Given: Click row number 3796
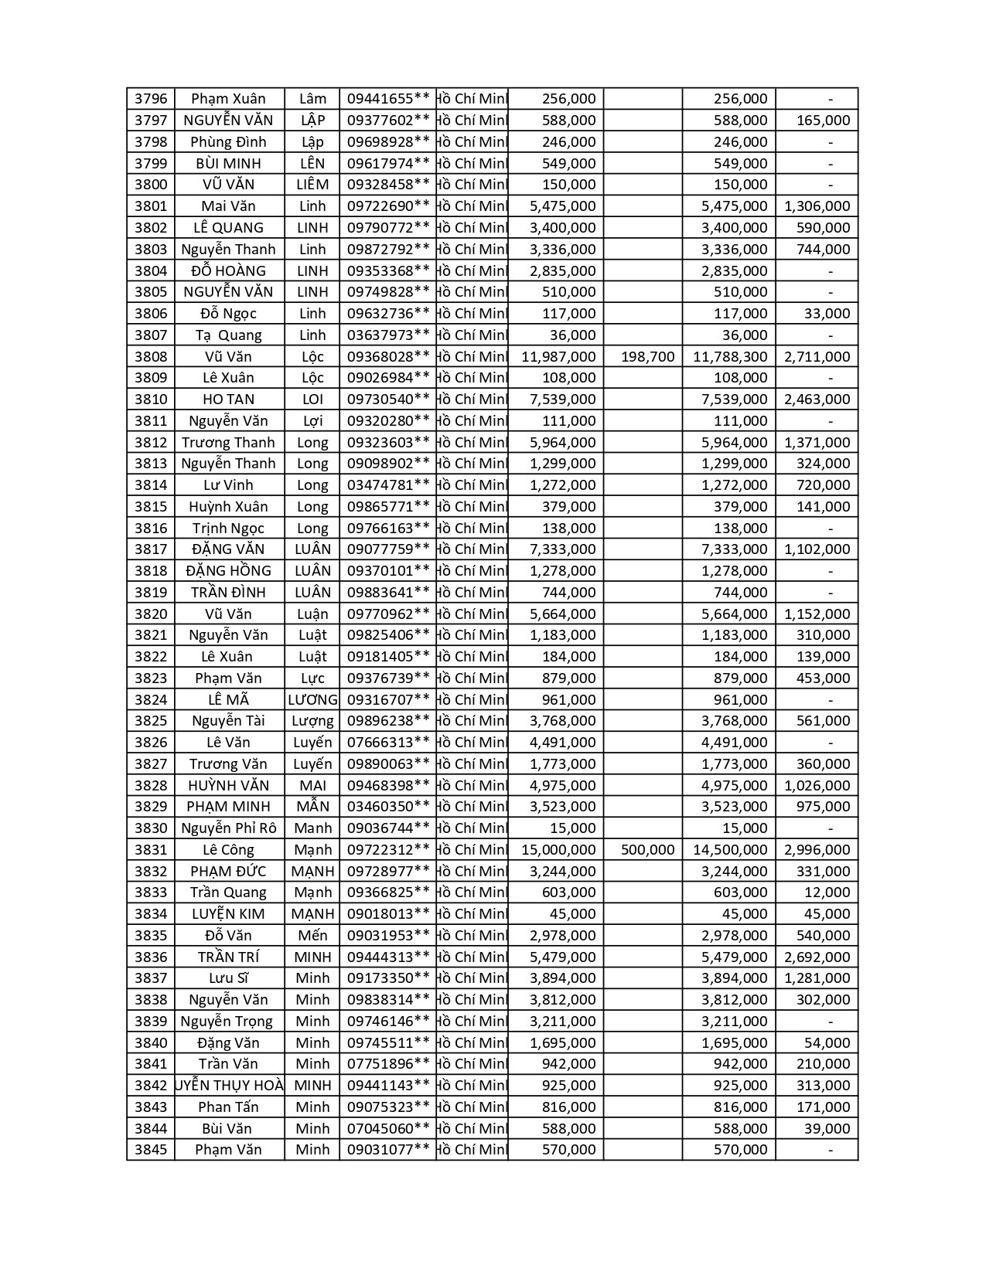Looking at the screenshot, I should (x=150, y=99).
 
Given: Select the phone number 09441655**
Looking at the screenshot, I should (x=387, y=99).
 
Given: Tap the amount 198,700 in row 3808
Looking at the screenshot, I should (x=647, y=357).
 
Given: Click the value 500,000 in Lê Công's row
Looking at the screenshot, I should (x=647, y=850).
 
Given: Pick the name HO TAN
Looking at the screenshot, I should (x=228, y=399).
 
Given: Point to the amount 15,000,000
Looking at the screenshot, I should (x=558, y=850).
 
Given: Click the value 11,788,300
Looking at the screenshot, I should (x=730, y=357).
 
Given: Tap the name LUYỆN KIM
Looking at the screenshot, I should (x=228, y=914).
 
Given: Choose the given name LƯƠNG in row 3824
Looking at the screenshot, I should (x=312, y=700).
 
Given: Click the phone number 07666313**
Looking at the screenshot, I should (x=387, y=743).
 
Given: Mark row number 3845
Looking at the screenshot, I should (x=150, y=1150).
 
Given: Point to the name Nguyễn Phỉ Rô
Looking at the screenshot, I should (x=228, y=828).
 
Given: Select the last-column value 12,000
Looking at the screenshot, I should (x=827, y=892).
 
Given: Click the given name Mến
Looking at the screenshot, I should (x=312, y=936).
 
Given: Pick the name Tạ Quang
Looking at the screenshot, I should (x=228, y=335).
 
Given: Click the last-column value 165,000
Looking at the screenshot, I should (x=823, y=121).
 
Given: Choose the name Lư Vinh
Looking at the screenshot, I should (x=228, y=485).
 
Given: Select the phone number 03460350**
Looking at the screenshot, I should (x=387, y=807).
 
